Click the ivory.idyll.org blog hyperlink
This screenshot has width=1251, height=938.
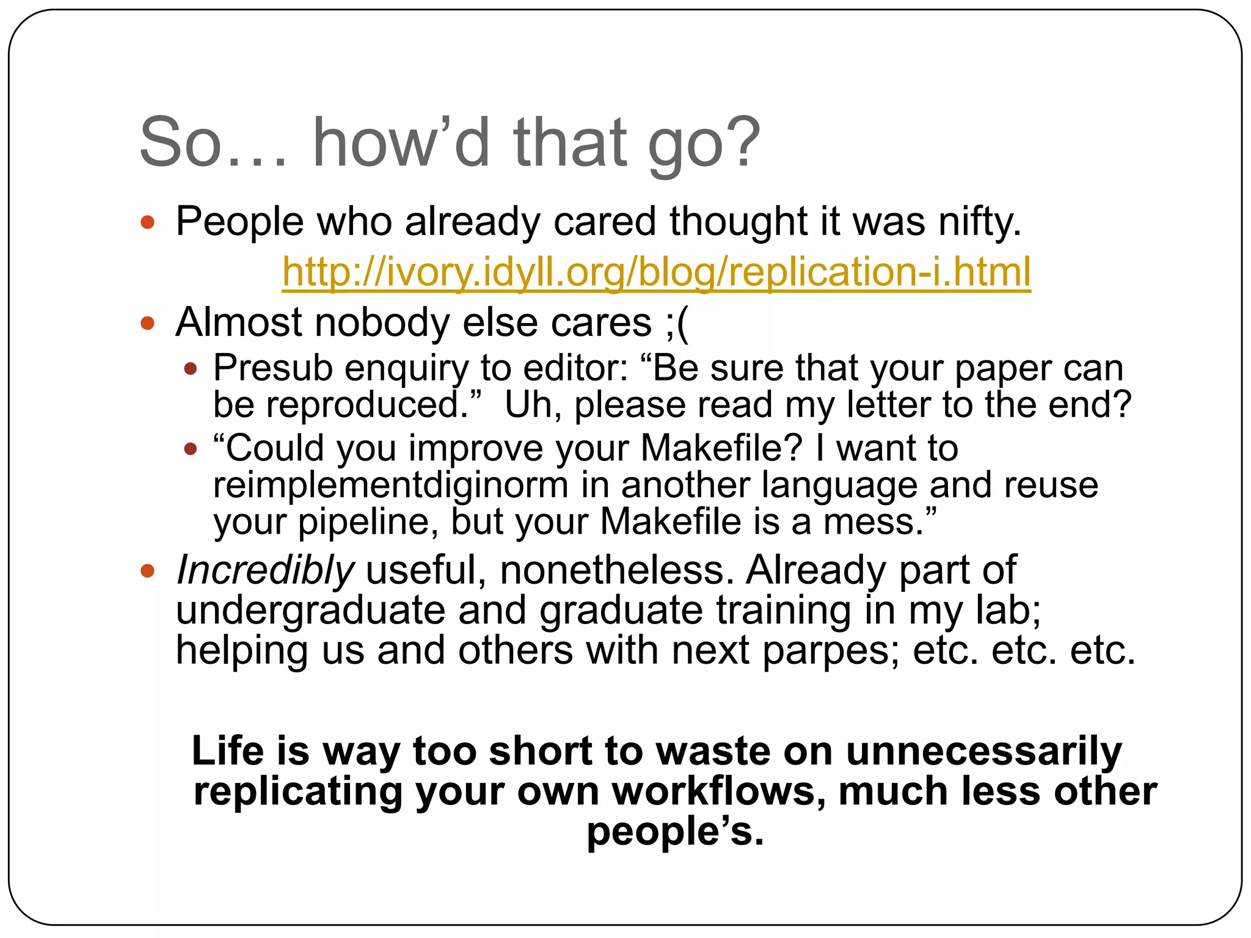click(656, 272)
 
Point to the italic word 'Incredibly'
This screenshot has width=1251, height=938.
click(264, 570)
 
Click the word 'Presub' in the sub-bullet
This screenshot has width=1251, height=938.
click(272, 368)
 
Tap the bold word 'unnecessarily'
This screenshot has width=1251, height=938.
click(983, 751)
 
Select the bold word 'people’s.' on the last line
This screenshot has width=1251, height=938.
click(675, 831)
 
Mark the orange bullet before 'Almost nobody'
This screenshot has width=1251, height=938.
click(147, 322)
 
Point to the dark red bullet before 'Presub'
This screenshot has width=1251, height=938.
click(191, 369)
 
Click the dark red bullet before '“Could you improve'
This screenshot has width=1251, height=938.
click(191, 449)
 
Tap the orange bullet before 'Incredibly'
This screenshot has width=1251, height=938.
click(147, 572)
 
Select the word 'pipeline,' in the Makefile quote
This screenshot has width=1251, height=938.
click(368, 522)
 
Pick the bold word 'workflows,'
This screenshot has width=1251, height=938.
click(719, 791)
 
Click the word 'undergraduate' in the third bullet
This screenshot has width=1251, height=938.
click(310, 611)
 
